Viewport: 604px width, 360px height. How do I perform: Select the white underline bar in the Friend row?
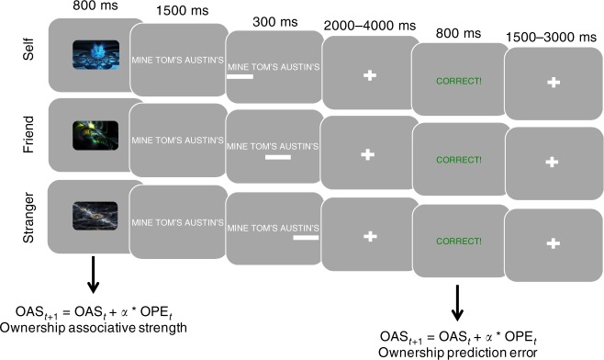276,157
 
